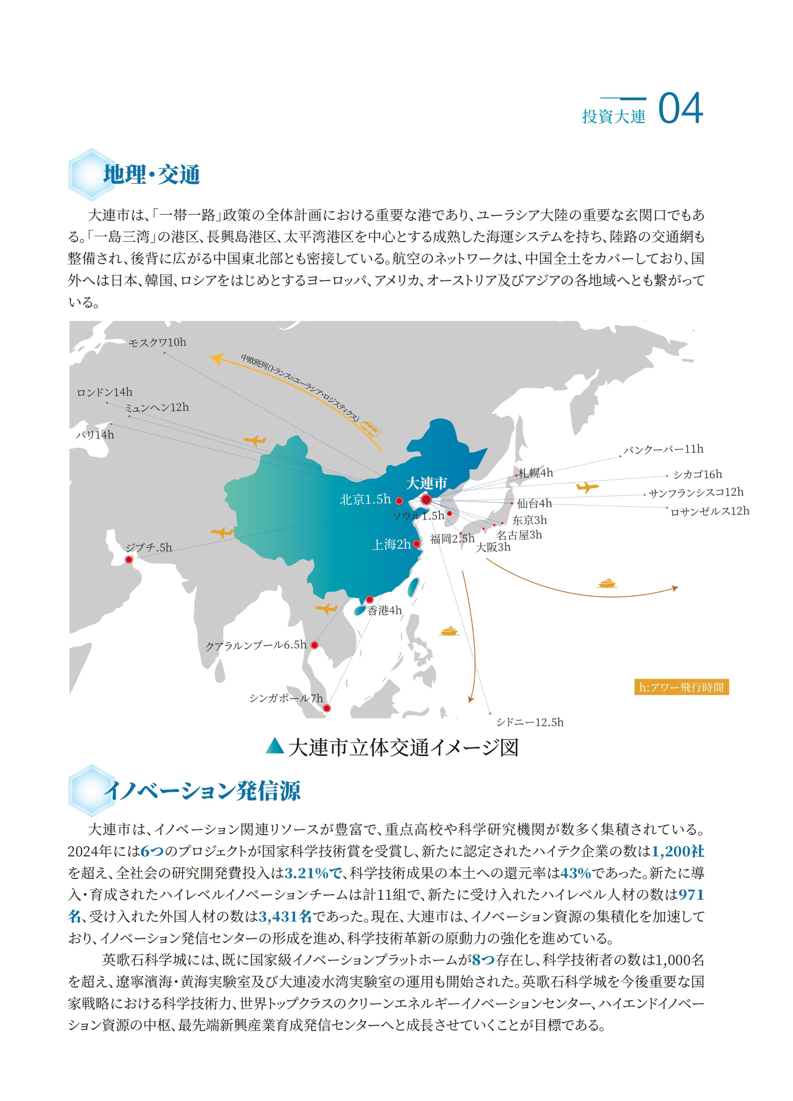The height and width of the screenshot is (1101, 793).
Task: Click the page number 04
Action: pyautogui.click(x=680, y=109)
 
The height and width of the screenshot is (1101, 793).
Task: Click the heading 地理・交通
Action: pyautogui.click(x=151, y=175)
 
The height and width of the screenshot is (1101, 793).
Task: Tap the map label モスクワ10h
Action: pyautogui.click(x=157, y=343)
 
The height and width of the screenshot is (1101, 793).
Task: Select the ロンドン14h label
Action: pyautogui.click(x=105, y=392)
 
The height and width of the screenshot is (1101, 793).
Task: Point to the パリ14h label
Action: pyautogui.click(x=95, y=435)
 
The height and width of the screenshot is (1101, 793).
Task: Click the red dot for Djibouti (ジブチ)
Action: pyautogui.click(x=129, y=560)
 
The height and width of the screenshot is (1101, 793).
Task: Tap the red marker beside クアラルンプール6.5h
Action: pyautogui.click(x=314, y=645)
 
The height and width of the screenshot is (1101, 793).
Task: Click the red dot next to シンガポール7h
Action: pyautogui.click(x=327, y=708)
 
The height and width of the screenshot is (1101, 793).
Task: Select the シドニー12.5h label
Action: pyautogui.click(x=529, y=723)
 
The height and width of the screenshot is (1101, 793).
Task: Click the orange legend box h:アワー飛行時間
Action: pyautogui.click(x=681, y=687)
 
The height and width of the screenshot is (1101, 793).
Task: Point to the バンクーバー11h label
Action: pyautogui.click(x=663, y=449)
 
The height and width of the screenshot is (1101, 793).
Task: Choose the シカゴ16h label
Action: pyautogui.click(x=697, y=474)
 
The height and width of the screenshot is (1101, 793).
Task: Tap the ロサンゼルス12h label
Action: pyautogui.click(x=709, y=511)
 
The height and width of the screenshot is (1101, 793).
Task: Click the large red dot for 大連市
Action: pyautogui.click(x=426, y=500)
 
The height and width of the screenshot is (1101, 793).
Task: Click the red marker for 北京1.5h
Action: pyautogui.click(x=399, y=501)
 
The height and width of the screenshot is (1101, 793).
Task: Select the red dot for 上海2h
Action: pyautogui.click(x=417, y=544)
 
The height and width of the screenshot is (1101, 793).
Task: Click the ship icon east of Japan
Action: pyautogui.click(x=606, y=583)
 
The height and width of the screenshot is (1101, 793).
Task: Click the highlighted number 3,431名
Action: pyautogui.click(x=285, y=916)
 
